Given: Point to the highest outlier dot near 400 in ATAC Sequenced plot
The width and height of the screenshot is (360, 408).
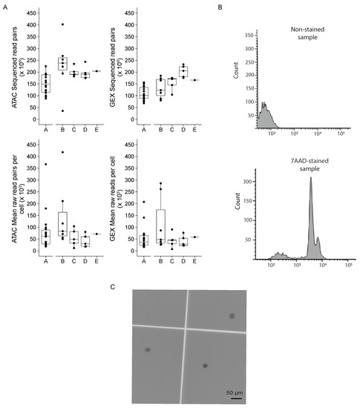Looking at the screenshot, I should click(62, 24).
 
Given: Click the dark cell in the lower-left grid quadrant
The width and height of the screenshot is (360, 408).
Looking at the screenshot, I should click(148, 349).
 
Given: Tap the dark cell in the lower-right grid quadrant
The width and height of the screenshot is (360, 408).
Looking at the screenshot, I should click(204, 366).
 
